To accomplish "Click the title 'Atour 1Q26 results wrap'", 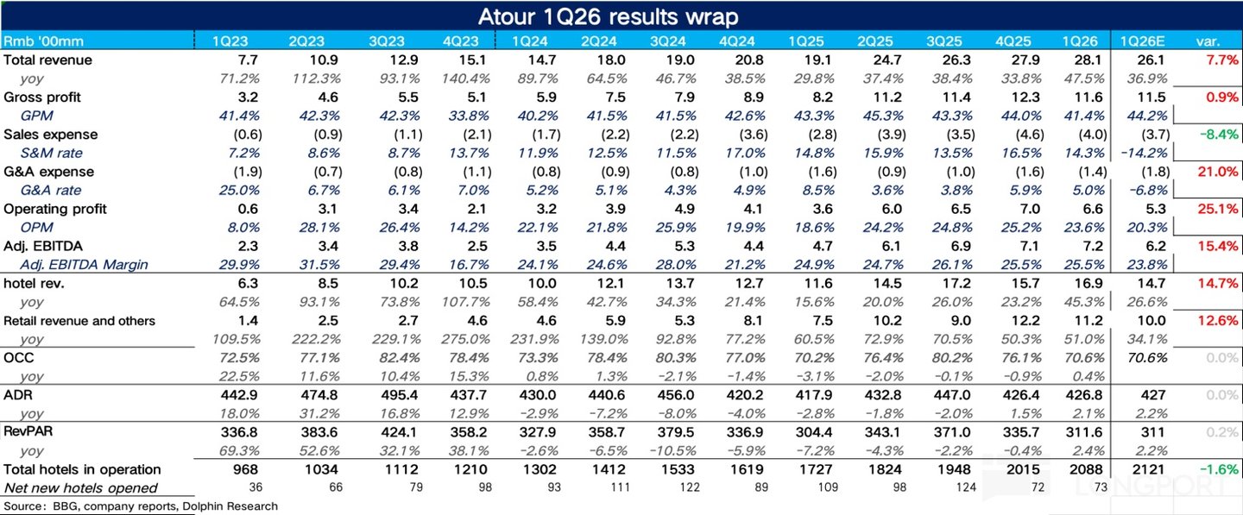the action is [609, 16].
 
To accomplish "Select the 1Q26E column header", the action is [1142, 41].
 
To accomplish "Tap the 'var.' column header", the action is [1208, 41].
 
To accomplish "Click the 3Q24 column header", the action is [667, 41].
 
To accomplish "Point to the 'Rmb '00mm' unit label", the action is [43, 41].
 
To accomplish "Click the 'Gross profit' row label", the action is [42, 97].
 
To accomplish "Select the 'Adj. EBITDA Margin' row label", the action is [85, 265].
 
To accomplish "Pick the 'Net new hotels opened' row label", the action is [81, 488].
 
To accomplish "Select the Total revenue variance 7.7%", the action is [1222, 60].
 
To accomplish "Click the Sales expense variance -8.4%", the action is [1219, 135].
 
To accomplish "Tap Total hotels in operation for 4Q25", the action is [1023, 469].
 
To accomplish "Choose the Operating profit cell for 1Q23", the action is [248, 209].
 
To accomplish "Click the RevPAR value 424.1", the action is [401, 432].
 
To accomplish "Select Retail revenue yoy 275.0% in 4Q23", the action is [465, 339].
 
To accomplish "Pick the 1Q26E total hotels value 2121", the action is [1148, 469].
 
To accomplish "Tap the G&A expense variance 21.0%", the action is [1218, 172].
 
